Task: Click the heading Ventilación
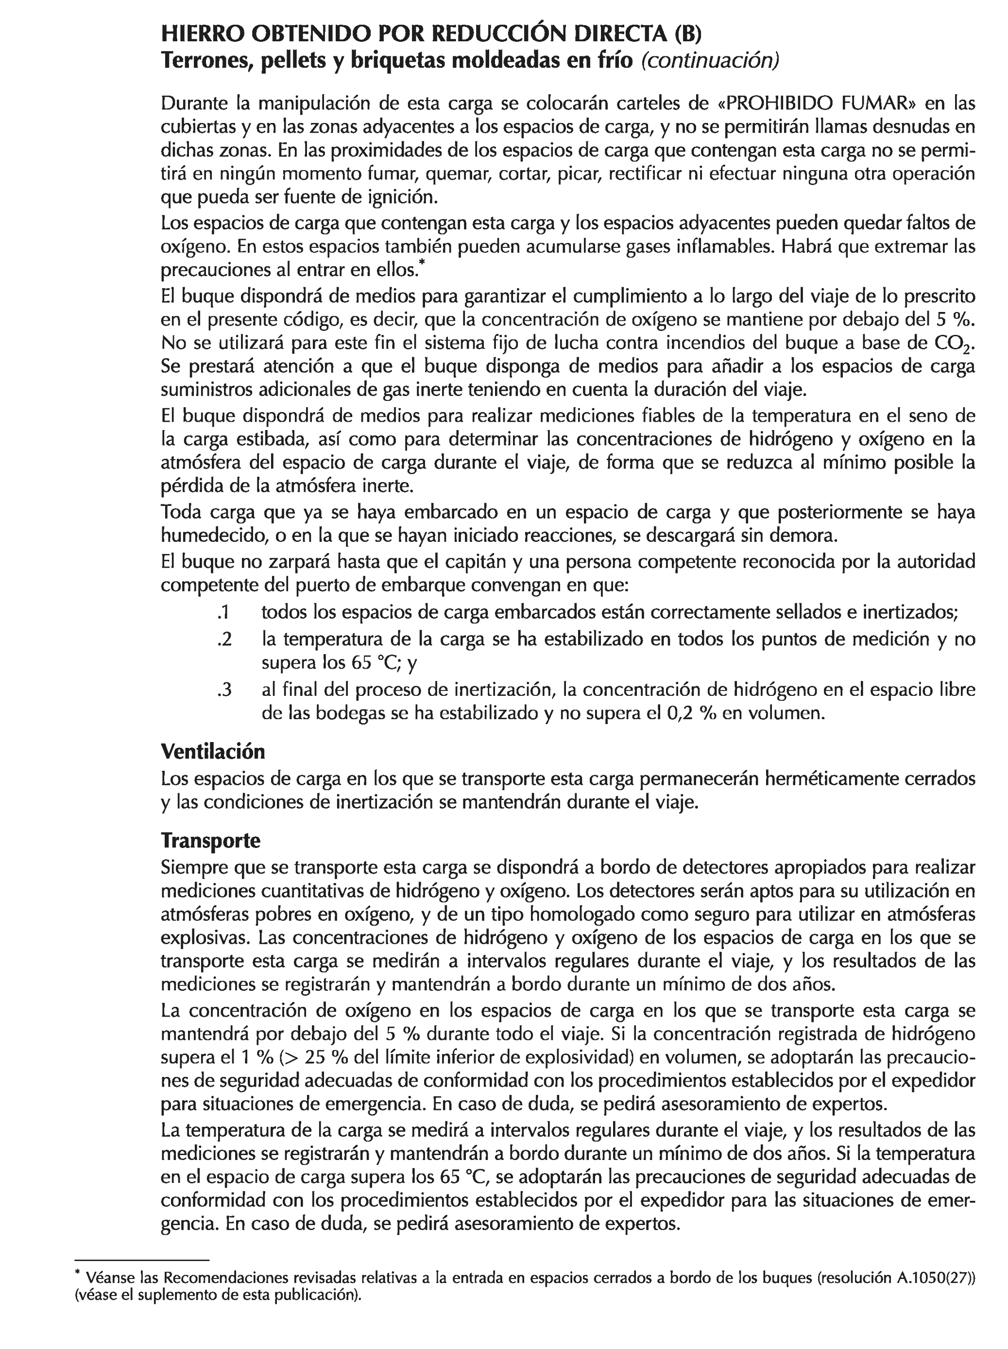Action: [213, 751]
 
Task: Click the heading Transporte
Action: [210, 840]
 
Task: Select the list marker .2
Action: [224, 639]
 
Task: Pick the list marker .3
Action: [224, 690]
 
